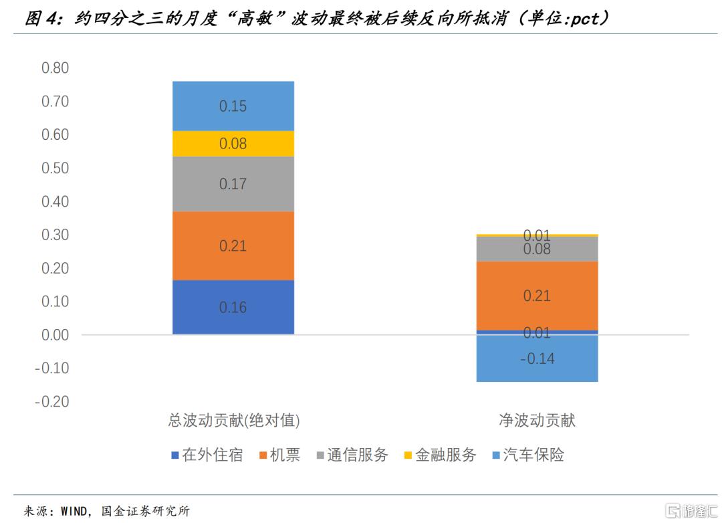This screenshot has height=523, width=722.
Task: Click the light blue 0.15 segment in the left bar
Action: (x=233, y=106)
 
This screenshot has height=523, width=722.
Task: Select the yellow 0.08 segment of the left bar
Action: (x=233, y=144)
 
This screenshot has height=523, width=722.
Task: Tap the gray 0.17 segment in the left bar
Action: (x=233, y=184)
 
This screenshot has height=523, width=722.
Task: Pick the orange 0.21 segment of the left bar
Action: (x=233, y=245)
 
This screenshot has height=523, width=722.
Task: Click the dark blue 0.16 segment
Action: (x=233, y=307)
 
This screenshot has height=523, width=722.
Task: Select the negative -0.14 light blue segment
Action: (x=537, y=358)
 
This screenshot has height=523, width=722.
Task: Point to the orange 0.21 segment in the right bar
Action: (x=537, y=296)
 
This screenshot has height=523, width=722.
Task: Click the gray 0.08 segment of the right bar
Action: (x=537, y=249)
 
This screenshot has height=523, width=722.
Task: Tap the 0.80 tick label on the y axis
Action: (x=55, y=68)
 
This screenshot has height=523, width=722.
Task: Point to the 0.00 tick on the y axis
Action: (x=55, y=335)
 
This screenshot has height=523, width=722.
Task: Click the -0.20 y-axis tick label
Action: (x=52, y=401)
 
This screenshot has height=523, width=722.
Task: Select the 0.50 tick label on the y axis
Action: (x=55, y=168)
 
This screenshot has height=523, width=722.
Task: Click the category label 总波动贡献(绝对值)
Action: (x=234, y=420)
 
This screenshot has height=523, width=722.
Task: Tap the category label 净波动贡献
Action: (x=537, y=420)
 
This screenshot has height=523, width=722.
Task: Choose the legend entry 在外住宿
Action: (x=207, y=455)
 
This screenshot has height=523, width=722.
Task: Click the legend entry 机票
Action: (x=280, y=455)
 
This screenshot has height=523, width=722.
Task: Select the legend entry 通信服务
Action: (x=353, y=455)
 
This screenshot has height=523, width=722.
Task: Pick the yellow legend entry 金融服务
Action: (x=440, y=455)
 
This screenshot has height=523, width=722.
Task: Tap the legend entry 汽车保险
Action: (x=528, y=455)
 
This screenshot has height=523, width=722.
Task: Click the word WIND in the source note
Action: (x=74, y=511)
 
